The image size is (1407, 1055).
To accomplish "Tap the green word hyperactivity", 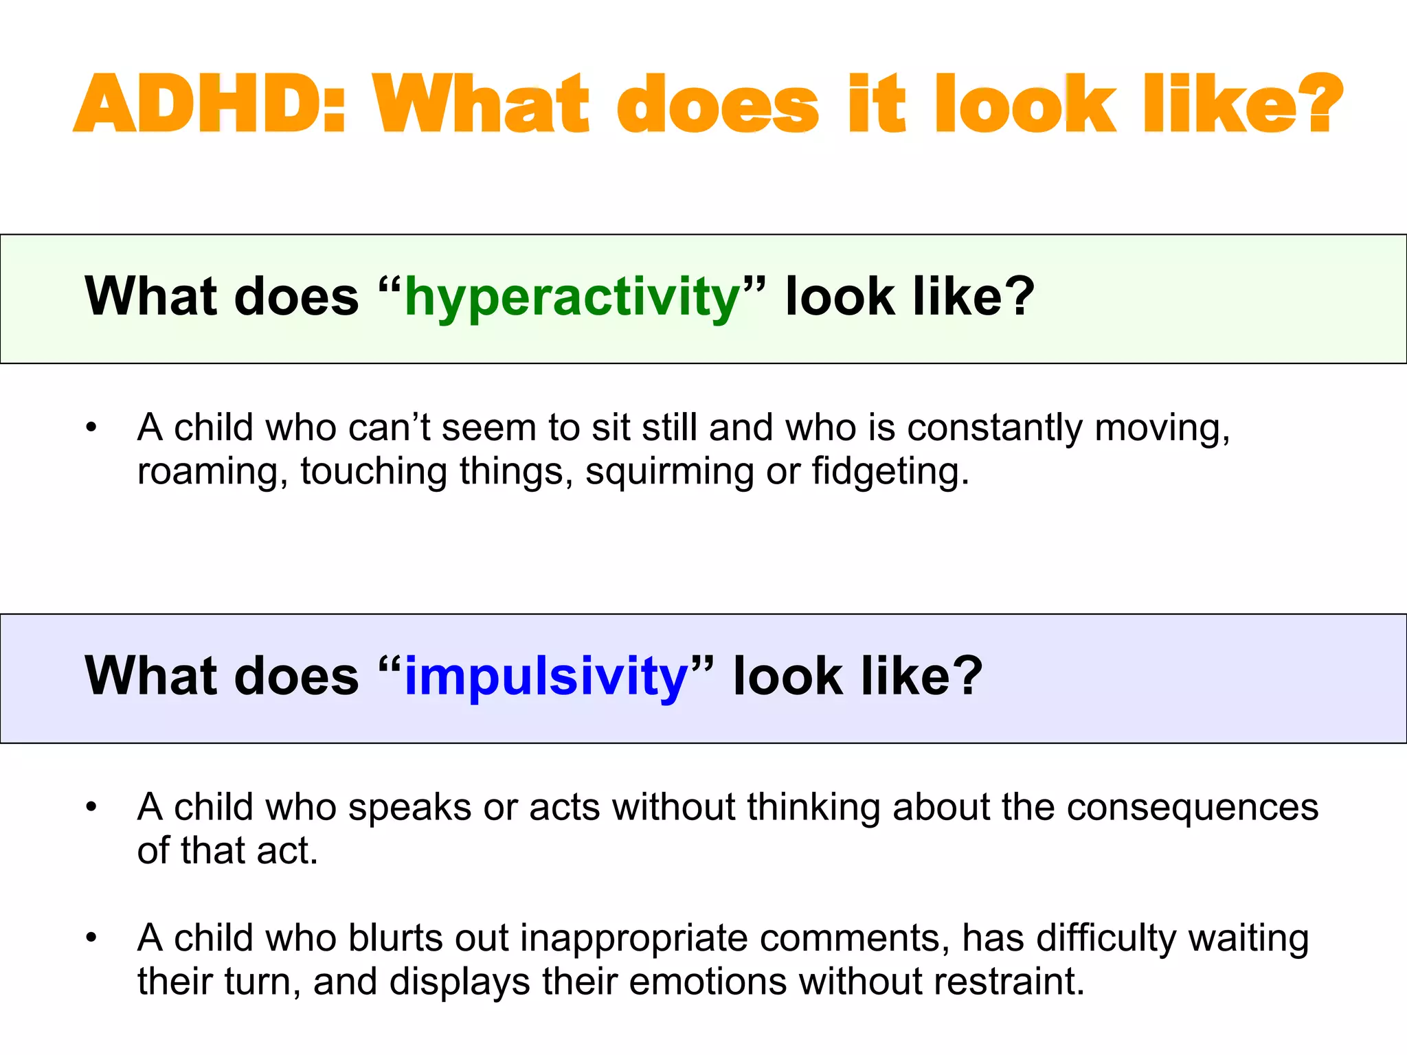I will (x=572, y=297).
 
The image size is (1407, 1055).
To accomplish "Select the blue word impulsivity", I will (x=546, y=677).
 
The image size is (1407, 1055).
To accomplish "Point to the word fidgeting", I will (x=890, y=472).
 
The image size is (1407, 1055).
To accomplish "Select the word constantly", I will (x=995, y=427).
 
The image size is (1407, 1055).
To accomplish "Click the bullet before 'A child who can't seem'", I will (x=91, y=428).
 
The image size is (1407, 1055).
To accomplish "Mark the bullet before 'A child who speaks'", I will (x=91, y=807).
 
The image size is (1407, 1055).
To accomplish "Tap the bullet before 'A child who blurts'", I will (x=91, y=938).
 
